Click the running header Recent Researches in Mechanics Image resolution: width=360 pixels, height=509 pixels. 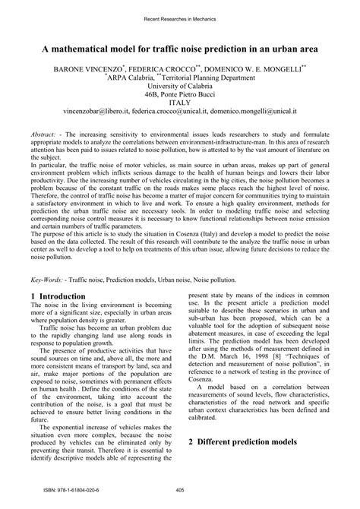point(180,17)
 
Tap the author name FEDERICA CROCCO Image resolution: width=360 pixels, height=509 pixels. point(172,68)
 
